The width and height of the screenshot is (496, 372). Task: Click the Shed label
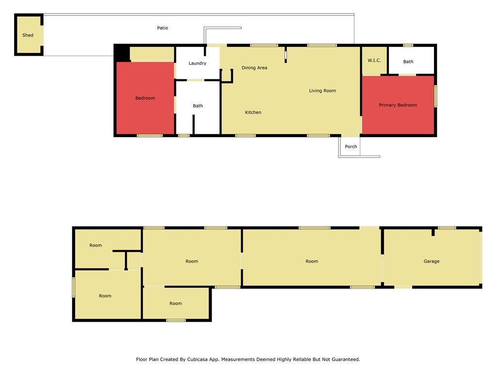pos(28,35)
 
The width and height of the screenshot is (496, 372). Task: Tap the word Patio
pos(163,28)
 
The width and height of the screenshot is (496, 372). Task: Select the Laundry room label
pos(198,63)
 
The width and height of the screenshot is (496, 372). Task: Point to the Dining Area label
pos(254,68)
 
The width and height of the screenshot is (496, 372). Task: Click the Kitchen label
pos(253,112)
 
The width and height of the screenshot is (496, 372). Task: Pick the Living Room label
pos(322,91)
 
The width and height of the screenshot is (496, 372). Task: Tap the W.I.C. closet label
pos(374,61)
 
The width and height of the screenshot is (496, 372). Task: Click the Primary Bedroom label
pos(398,105)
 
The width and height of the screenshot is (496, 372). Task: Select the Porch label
pos(351,146)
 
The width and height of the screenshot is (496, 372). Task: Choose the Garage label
pos(432,261)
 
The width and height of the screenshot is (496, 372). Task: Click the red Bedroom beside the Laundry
pos(145,98)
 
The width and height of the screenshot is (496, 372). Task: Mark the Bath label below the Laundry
pos(198,106)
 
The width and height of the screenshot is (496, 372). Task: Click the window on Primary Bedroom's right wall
pos(435,96)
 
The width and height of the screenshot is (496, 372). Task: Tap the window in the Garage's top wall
pos(447,228)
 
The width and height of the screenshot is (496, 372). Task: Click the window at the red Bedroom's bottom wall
pos(150,136)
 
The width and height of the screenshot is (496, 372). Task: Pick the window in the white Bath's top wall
pos(408,46)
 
